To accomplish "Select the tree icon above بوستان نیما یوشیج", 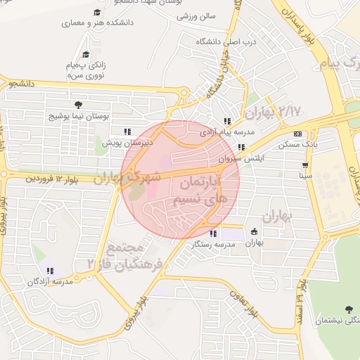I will (77, 104).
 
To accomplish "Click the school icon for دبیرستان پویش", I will (127, 131).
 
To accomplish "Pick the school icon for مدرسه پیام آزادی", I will (227, 120).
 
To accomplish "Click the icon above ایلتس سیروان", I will (241, 147).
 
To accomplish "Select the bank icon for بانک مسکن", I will (297, 134).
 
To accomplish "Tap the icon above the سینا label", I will (304, 166).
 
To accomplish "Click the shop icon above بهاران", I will (254, 231).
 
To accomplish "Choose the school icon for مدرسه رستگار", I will (213, 233).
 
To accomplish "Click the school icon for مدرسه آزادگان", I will (50, 271).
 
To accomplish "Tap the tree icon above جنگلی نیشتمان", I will (349, 309).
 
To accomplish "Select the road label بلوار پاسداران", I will (302, 27).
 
